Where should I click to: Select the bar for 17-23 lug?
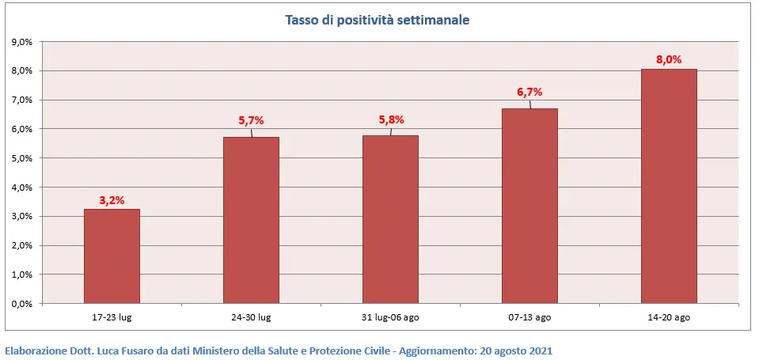point(112,256)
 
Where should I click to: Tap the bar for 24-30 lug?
point(251,220)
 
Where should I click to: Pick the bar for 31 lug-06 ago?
point(390,219)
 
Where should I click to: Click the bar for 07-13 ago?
point(529,206)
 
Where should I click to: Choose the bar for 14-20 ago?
point(669,186)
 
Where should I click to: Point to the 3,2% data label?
point(112,200)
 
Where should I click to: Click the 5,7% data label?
point(251,120)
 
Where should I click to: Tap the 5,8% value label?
point(391,119)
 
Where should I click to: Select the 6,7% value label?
point(529,92)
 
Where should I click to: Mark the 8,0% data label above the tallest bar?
point(669,59)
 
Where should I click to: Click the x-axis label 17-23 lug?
point(112,316)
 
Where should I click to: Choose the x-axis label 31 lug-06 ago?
point(390,316)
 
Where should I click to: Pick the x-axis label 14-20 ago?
point(669,316)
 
